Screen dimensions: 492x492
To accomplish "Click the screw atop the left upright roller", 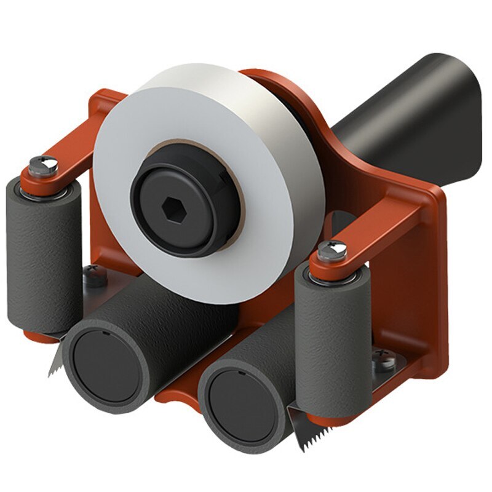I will coord(44,165).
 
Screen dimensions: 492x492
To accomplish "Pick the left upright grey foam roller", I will coord(43,258).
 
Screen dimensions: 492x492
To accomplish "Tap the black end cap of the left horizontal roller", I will coord(101,363).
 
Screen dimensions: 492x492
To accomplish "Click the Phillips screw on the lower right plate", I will coord(385,360).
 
